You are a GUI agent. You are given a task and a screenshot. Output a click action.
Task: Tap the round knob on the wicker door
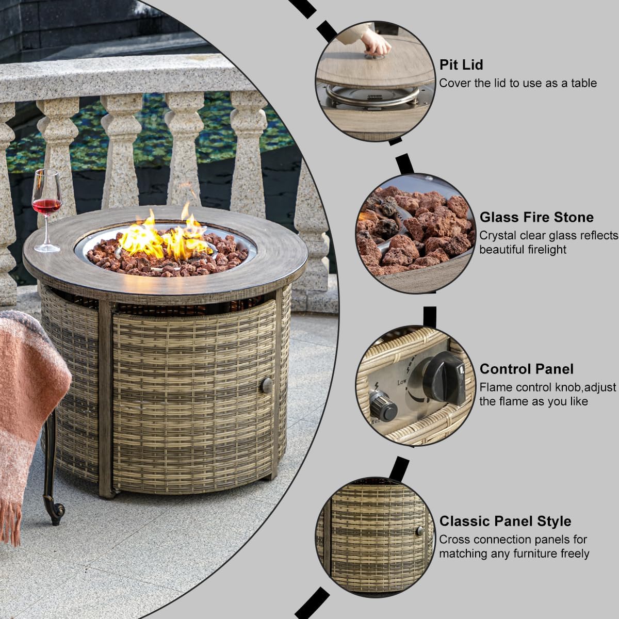(267, 385)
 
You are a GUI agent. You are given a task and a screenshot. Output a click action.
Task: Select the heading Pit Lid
(461, 64)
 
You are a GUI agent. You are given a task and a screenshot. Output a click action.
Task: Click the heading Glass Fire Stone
(536, 217)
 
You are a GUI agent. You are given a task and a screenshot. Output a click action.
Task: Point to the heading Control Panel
(526, 369)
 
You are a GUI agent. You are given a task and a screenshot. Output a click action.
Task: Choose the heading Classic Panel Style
(505, 521)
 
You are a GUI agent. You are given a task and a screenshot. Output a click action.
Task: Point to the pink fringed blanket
(26, 402)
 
